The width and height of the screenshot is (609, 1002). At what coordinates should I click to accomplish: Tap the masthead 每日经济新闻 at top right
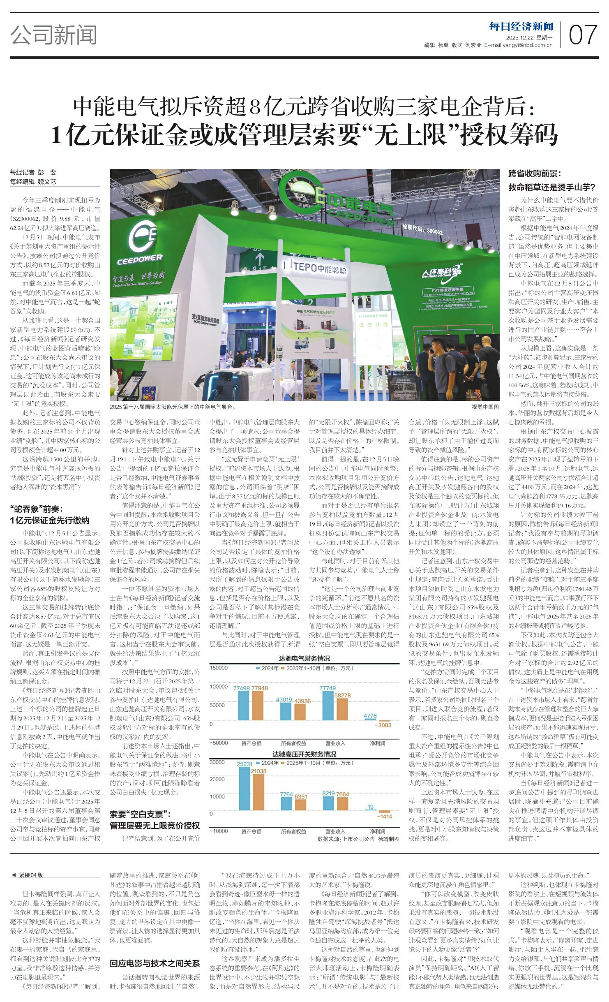tap(521, 27)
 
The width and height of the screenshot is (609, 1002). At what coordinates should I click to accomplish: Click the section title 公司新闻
tap(54, 35)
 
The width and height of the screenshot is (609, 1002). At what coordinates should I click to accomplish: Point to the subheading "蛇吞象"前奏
tap(37, 509)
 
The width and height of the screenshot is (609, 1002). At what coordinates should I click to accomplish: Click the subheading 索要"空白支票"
tap(140, 814)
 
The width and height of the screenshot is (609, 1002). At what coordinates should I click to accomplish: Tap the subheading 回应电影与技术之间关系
tap(155, 963)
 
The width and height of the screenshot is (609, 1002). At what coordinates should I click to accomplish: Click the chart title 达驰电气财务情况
tap(304, 658)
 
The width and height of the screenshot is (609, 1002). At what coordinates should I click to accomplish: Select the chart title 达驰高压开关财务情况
tap(304, 754)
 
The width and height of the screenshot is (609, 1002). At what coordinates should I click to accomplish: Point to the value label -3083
tap(385, 725)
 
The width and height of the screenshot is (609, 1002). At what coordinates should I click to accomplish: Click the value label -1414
tap(385, 817)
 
